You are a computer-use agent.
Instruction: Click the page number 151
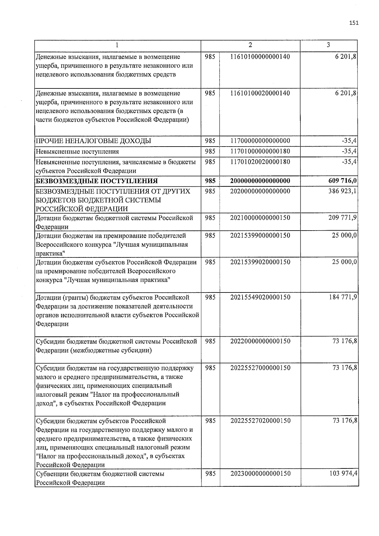click(354, 23)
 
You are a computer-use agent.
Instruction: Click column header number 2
click(250, 45)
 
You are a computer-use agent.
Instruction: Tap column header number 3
click(328, 45)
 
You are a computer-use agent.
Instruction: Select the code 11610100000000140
click(260, 57)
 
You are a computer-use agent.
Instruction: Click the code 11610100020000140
click(260, 93)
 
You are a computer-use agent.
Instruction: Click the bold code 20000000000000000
click(260, 181)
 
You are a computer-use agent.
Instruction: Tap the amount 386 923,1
click(343, 191)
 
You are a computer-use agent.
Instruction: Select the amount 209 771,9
click(343, 218)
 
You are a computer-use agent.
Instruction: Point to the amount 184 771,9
click(343, 297)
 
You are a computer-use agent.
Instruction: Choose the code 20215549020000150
click(260, 297)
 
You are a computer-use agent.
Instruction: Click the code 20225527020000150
click(260, 421)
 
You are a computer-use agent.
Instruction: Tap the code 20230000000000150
click(260, 473)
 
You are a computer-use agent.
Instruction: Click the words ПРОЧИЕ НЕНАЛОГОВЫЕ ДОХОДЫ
click(93, 141)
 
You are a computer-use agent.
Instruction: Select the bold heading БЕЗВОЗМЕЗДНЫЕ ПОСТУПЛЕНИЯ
click(97, 181)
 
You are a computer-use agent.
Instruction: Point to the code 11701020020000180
click(260, 162)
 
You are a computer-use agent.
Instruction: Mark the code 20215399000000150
click(260, 235)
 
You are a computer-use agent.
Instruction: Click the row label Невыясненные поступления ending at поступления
click(77, 152)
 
